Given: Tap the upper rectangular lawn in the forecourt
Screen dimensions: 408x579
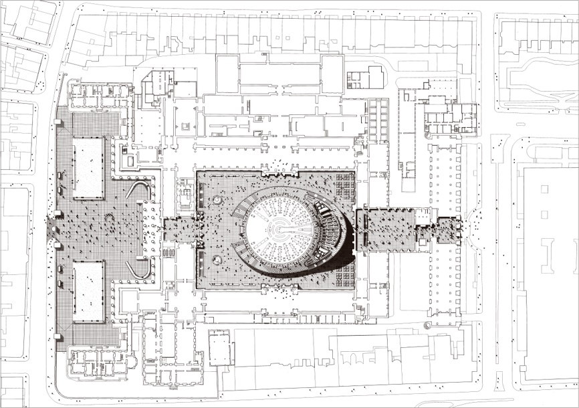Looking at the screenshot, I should (88, 167).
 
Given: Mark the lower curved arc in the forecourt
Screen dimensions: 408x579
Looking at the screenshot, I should (139, 269).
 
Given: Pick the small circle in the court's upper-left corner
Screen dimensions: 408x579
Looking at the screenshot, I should (218, 201).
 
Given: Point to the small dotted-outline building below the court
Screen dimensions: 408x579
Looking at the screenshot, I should (219, 347).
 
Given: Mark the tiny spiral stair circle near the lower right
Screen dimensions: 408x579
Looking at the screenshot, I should (428, 326).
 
